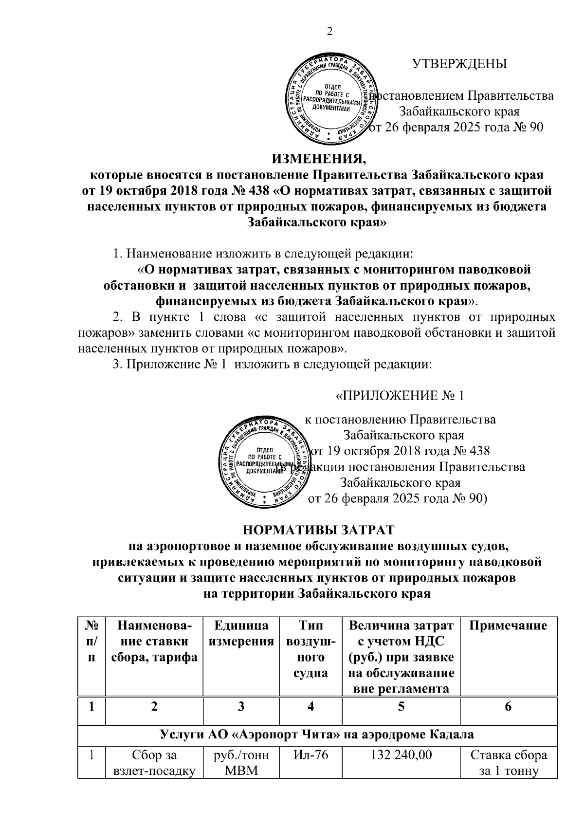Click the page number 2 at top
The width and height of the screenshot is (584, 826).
pos(329,32)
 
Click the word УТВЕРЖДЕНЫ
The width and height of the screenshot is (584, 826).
pos(459,64)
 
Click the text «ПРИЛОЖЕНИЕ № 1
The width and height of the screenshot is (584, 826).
pos(400,395)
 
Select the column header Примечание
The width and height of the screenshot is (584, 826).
pos(508,626)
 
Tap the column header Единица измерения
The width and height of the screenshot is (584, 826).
pos(241,634)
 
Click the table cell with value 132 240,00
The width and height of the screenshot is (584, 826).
pos(401,756)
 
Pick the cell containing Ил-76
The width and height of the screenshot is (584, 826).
pos(311,756)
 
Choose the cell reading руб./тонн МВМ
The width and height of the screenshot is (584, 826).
pos(241,763)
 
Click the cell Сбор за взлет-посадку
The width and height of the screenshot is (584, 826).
pos(154,763)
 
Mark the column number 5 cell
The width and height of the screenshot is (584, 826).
pos(401,707)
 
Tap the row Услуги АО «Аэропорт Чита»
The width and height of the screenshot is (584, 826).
pos(317,734)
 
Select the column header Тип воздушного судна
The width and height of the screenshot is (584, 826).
pos(311,649)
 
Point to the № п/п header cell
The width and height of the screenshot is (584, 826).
pos(91,642)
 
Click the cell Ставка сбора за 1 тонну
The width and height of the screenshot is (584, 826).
pos(508,763)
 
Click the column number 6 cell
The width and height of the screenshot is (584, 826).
pos(508,707)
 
